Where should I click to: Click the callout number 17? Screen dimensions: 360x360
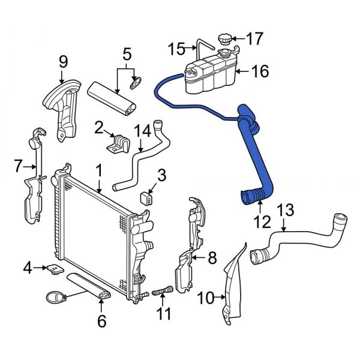pyautogui.click(x=254, y=40)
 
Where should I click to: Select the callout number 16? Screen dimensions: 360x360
pyautogui.click(x=260, y=73)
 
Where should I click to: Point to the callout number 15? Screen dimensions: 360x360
pyautogui.click(x=178, y=48)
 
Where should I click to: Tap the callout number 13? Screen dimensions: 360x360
pyautogui.click(x=286, y=210)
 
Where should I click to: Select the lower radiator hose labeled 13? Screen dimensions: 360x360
pyautogui.click(x=300, y=237)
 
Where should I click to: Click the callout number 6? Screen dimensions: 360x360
pyautogui.click(x=101, y=322)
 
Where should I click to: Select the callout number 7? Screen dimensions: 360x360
pyautogui.click(x=18, y=164)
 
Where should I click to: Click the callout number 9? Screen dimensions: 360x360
pyautogui.click(x=63, y=62)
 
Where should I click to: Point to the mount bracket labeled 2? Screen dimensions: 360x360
pyautogui.click(x=120, y=144)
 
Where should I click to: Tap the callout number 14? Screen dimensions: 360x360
pyautogui.click(x=140, y=131)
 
